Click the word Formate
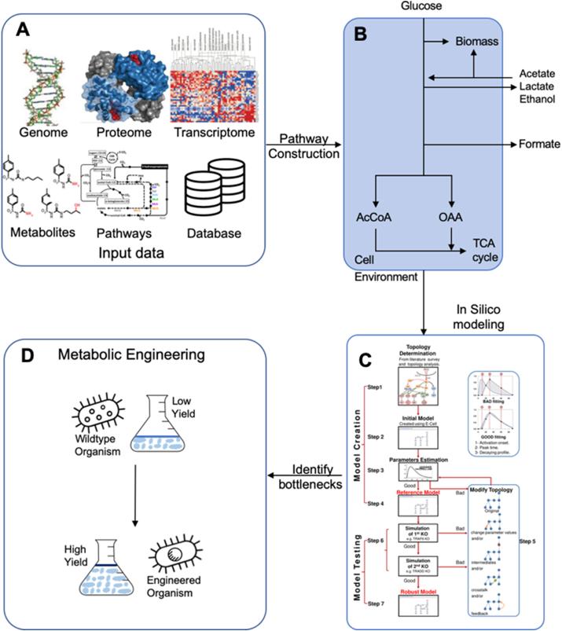[538, 145]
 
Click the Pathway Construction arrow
[303, 145]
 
